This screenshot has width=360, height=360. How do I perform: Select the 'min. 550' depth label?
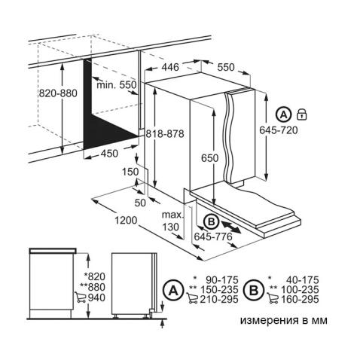(117, 85)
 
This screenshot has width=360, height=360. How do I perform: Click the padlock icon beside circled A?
(301, 115)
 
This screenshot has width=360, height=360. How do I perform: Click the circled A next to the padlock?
(283, 115)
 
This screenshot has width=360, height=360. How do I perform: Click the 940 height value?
(95, 297)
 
